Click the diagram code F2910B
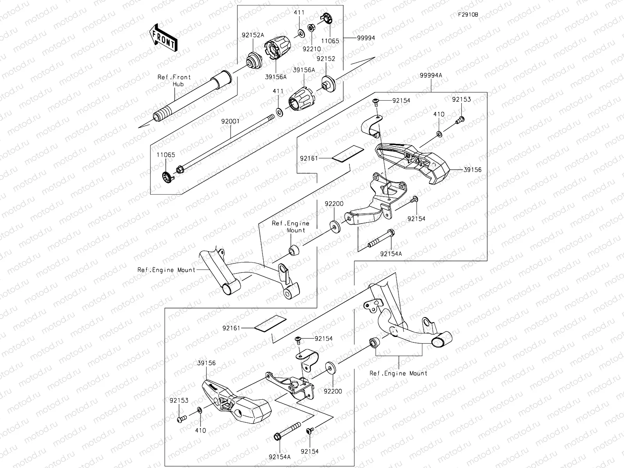tap(468, 15)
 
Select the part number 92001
tap(231, 121)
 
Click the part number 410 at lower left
tap(200, 431)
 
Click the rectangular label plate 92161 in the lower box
tap(270, 323)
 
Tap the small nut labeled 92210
tap(311, 28)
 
